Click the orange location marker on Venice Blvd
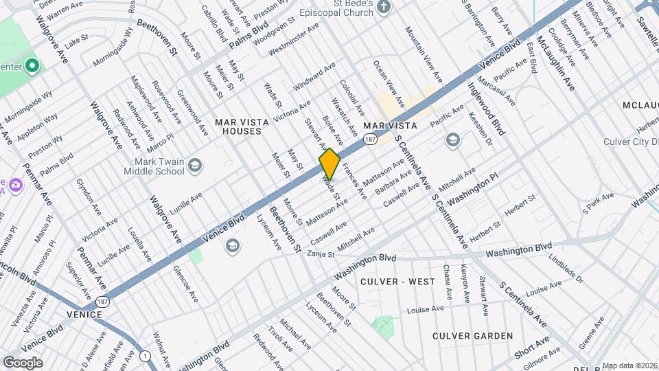coord(329,164)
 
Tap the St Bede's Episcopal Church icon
coord(384,8)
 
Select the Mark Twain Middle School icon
coord(195,165)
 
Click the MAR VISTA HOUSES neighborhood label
coord(238,126)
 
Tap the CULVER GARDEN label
coord(473,335)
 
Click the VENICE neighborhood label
coord(84,314)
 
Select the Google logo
coord(23,362)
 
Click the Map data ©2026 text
coord(629,366)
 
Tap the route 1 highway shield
coord(146,355)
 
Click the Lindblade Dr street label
coord(566,269)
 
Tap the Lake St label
coord(77,41)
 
